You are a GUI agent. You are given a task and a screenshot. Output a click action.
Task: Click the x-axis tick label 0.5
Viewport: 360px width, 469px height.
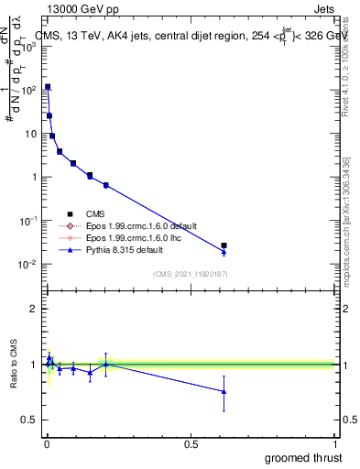coord(191,444)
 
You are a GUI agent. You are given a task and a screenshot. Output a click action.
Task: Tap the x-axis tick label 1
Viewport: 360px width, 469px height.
coord(335,444)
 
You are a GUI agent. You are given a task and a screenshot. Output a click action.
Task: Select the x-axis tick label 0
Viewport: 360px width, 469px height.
coord(46,444)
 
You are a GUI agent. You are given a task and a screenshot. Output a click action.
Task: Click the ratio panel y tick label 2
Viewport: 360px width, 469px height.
coord(34,309)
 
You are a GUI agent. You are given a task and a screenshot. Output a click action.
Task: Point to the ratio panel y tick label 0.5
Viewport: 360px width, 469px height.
coord(29,420)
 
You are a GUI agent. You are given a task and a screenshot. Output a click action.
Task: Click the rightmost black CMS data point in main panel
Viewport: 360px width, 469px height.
coord(224,245)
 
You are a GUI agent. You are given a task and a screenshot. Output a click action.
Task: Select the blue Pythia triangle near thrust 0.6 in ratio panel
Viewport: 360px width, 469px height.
coord(224,392)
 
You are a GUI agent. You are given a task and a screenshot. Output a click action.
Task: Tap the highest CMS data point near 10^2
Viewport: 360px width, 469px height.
coord(48,87)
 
